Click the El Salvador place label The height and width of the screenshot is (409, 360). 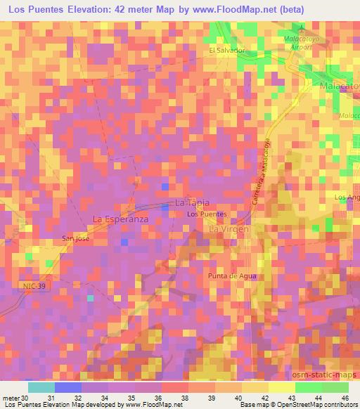[226, 51]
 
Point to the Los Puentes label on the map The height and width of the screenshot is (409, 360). [206, 214]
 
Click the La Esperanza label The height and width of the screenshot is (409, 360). [121, 219]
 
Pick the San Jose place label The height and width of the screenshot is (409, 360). [75, 238]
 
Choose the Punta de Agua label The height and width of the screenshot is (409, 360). [230, 276]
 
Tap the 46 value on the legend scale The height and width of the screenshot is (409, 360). [345, 396]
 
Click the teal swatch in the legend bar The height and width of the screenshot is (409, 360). [41, 387]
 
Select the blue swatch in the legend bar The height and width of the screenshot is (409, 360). [68, 387]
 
